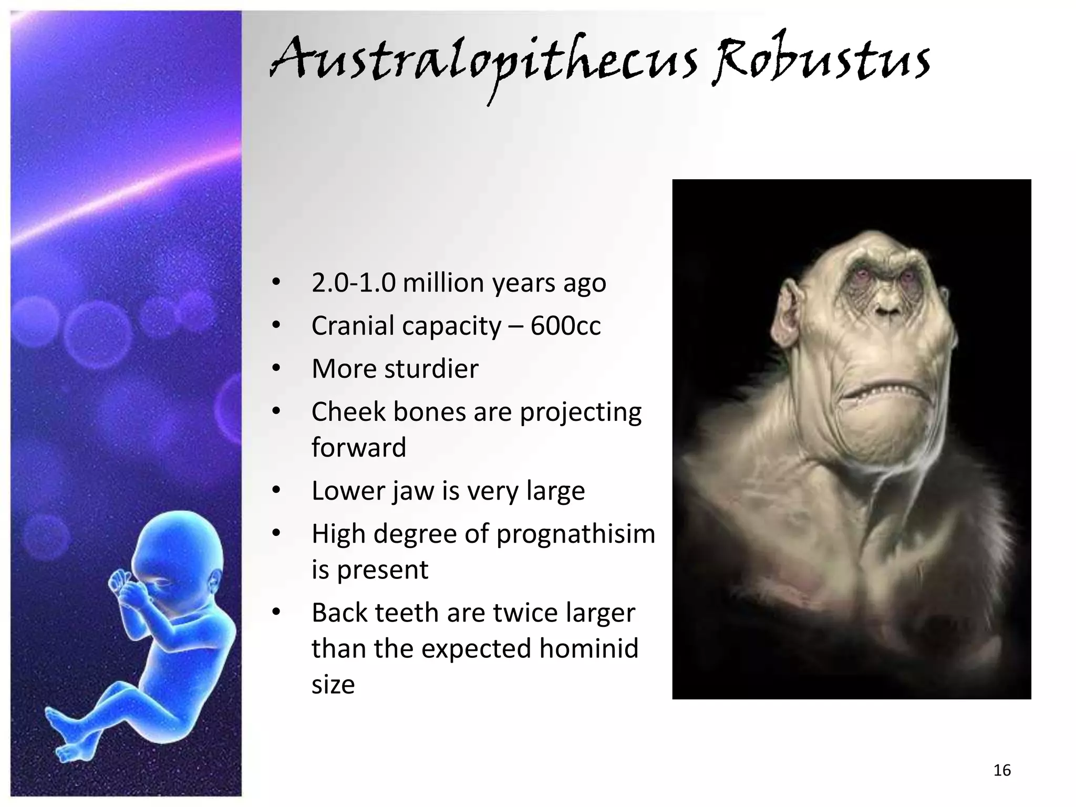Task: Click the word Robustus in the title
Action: (821, 60)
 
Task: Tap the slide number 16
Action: (1002, 770)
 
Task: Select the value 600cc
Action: (565, 326)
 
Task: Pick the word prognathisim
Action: (576, 535)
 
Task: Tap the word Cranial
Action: (353, 326)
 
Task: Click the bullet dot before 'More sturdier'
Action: (277, 369)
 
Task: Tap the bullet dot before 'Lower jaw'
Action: (277, 491)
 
